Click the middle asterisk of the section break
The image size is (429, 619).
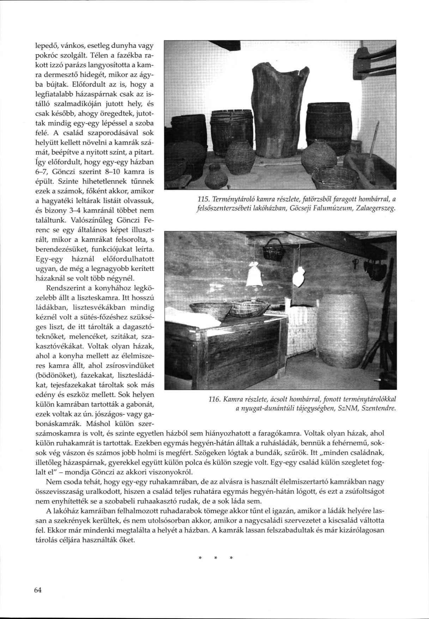[215, 558]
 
